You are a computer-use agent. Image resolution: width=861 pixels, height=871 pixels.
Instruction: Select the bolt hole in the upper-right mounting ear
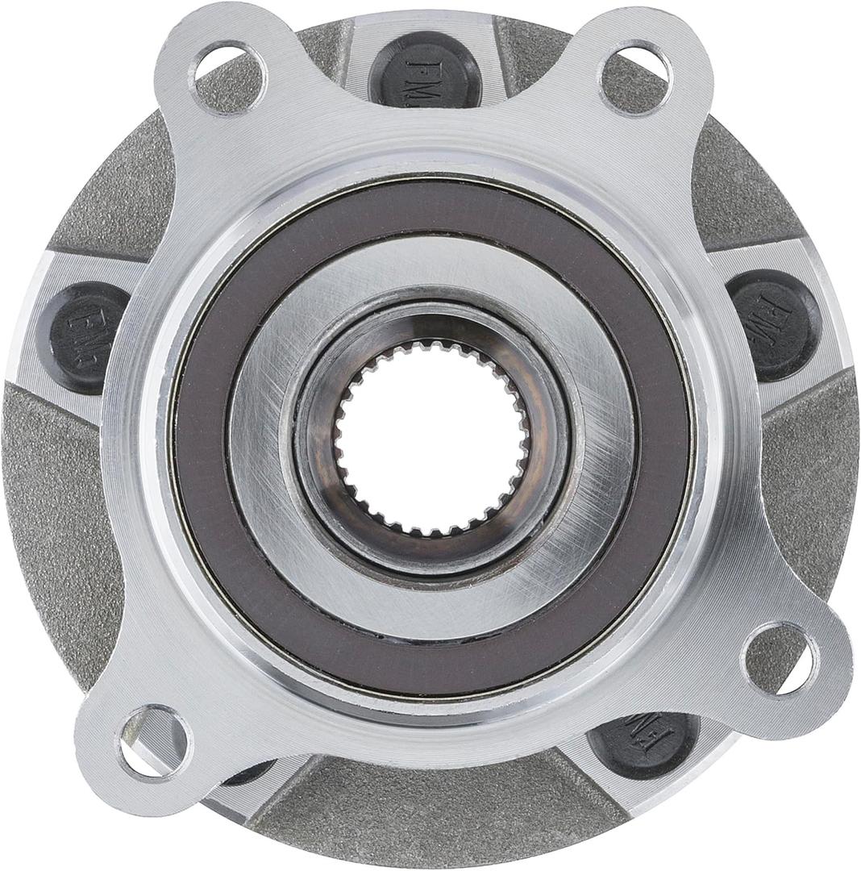(x=636, y=69)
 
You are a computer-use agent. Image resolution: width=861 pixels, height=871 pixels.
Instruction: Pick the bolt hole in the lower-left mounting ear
(x=154, y=743)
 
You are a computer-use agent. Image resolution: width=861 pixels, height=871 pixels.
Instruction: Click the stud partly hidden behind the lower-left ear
(x=242, y=774)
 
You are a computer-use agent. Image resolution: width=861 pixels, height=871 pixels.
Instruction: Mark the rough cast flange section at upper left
(x=113, y=194)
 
